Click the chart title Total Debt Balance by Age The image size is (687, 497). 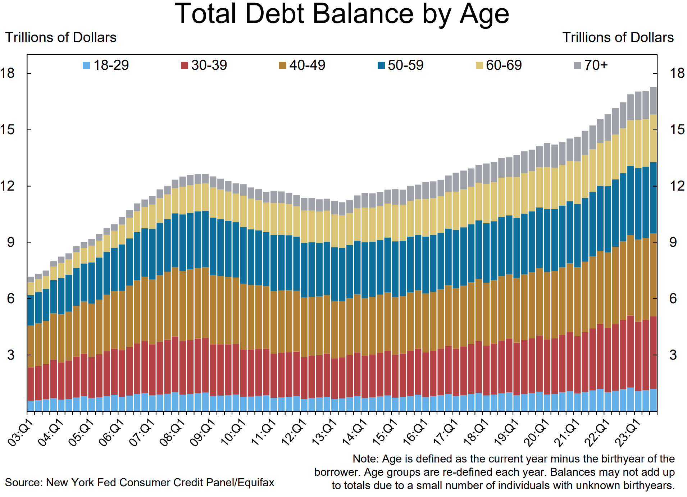pyautogui.click(x=342, y=14)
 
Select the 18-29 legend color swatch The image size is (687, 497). pyautogui.click(x=86, y=65)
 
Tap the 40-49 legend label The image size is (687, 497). pyautogui.click(x=307, y=65)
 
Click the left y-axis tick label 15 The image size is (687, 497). pyautogui.click(x=8, y=130)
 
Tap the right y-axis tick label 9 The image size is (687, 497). pyautogui.click(x=673, y=242)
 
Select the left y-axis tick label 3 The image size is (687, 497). pyautogui.click(x=11, y=355)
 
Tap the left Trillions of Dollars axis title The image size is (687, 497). pyautogui.click(x=60, y=37)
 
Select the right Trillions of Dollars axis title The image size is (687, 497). pyautogui.click(x=618, y=37)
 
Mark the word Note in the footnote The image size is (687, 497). pyautogui.click(x=365, y=459)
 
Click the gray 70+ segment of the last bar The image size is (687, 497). pyautogui.click(x=654, y=101)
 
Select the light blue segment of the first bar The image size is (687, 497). pyautogui.click(x=31, y=406)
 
